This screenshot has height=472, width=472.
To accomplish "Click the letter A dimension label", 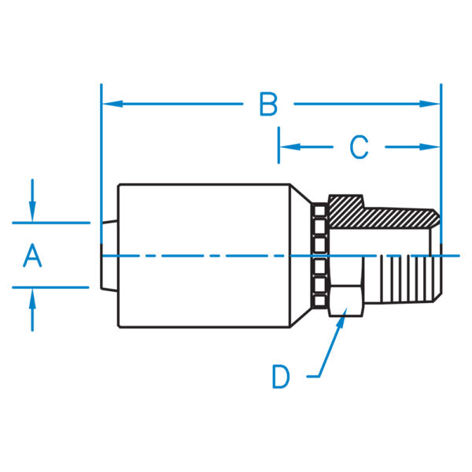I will point(31,256).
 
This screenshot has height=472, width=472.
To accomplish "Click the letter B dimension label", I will point(269,104).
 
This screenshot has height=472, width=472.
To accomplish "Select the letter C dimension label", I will point(359,146).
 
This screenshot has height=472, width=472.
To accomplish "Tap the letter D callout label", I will point(281,377).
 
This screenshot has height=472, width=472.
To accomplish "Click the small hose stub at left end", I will point(109,256).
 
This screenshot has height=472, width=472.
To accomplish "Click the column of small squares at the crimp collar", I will point(319,256).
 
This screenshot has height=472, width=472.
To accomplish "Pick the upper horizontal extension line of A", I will point(51,223).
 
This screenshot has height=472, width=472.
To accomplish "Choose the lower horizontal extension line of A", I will point(51,287).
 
